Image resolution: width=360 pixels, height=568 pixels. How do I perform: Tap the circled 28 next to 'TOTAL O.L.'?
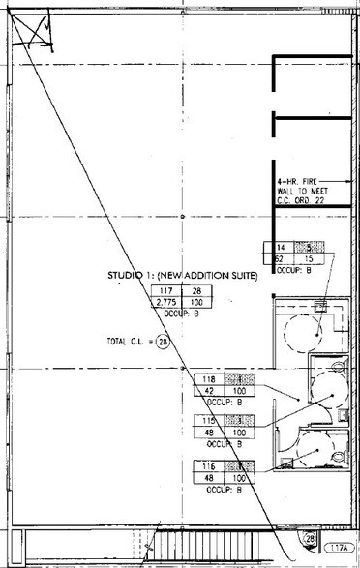click(x=163, y=342)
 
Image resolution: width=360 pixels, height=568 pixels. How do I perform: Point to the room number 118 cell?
click(x=210, y=379)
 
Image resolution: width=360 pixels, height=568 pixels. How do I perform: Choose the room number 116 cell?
click(x=210, y=467)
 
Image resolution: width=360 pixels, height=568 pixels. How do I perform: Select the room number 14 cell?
click(x=285, y=248)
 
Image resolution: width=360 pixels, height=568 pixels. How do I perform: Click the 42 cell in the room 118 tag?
click(x=210, y=391)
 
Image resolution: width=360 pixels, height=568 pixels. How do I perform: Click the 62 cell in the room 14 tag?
click(x=285, y=259)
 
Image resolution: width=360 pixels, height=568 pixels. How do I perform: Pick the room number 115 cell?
click(x=210, y=422)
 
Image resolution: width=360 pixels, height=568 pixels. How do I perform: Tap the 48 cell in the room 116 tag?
click(x=210, y=479)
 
